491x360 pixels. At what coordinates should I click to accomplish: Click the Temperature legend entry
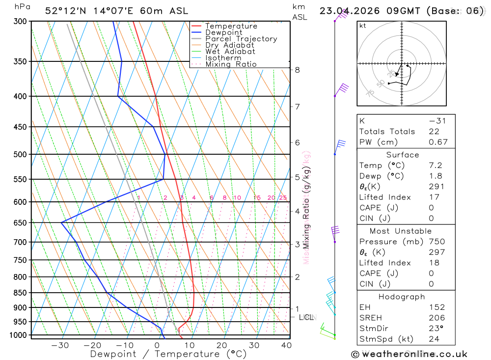point(231,26)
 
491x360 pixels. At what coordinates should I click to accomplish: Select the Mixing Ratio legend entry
point(231,64)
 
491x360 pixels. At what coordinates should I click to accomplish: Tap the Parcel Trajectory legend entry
point(241,39)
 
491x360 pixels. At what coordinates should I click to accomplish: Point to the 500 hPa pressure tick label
point(21,154)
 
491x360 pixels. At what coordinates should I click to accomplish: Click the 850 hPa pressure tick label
point(21,293)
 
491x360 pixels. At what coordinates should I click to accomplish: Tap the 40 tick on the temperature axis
point(286,345)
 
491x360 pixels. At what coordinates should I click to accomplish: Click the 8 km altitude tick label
point(298,70)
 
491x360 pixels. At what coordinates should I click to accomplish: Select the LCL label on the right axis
point(307,317)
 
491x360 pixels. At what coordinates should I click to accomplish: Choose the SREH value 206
point(436,318)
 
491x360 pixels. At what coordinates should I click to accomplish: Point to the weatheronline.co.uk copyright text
point(409,354)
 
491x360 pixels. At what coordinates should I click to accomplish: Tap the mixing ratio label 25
point(283,198)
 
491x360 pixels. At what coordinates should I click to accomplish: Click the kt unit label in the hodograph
point(363,26)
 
